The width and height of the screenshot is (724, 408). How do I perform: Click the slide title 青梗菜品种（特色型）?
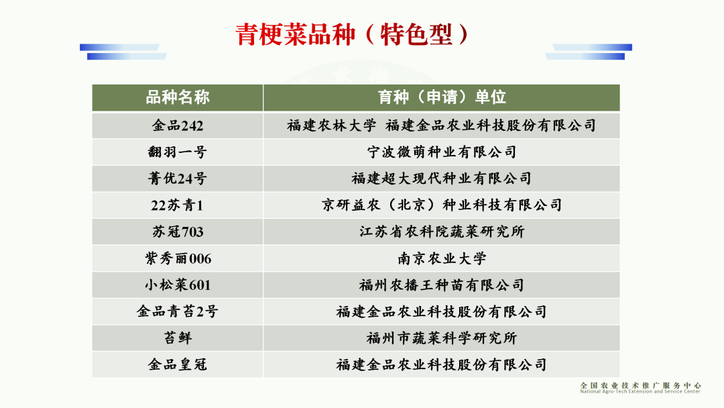pos(352,34)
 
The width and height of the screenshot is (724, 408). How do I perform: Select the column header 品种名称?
pos(178,97)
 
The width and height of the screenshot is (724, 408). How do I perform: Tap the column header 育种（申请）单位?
pos(441,97)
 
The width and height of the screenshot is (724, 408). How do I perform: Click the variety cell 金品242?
pos(178,125)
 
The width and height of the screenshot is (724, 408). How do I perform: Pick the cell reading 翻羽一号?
pos(178,152)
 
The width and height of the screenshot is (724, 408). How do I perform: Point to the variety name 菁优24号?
pos(178,178)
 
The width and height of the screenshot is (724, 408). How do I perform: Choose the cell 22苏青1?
pos(178,205)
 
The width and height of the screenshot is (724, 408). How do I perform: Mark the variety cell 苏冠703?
pos(178,232)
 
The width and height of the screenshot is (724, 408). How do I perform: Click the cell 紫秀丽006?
pos(178,258)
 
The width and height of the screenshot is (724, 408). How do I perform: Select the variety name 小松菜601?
pos(178,285)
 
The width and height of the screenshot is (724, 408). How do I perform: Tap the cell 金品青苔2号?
pos(178,311)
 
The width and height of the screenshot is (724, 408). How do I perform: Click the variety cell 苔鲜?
pos(178,338)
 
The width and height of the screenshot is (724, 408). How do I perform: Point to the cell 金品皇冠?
pos(178,364)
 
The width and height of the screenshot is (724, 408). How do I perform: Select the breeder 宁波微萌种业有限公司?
pos(441,152)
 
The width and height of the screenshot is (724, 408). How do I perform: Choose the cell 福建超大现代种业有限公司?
pos(441,178)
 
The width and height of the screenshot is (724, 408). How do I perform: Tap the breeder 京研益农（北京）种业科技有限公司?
pos(441,205)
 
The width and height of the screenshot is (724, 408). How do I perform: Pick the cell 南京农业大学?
pos(441,258)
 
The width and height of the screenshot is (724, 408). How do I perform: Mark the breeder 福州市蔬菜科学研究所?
pos(441,338)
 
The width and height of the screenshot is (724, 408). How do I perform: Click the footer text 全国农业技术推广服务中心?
pos(640,385)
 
